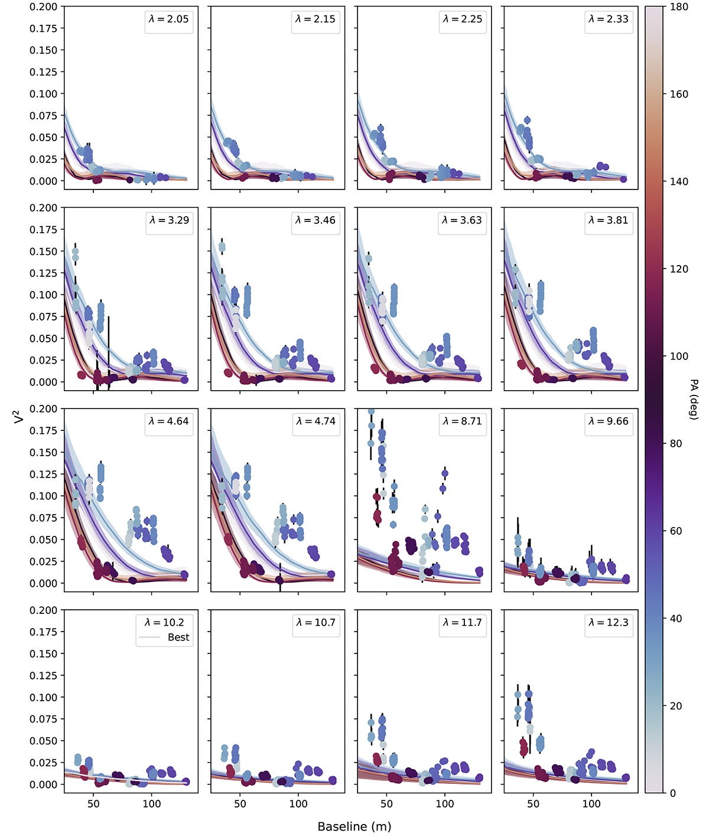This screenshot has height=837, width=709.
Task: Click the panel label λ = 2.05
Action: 169,19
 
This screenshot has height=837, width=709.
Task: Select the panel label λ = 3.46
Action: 316,220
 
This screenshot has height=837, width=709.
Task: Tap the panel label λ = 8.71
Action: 462,421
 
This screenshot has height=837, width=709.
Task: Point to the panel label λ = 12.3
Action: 609,622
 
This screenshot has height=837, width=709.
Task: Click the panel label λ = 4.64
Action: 169,421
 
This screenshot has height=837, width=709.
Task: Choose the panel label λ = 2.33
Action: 609,19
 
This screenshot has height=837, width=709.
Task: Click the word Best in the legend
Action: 178,637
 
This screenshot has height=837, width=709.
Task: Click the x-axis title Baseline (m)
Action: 354,826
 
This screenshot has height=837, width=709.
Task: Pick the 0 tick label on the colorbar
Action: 673,793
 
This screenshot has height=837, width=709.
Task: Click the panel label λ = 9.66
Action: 609,421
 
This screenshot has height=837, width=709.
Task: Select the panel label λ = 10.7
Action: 316,622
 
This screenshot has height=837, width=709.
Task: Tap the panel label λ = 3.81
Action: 609,220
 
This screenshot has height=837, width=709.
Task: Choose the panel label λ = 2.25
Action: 462,19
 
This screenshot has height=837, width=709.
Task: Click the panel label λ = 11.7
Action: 462,622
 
